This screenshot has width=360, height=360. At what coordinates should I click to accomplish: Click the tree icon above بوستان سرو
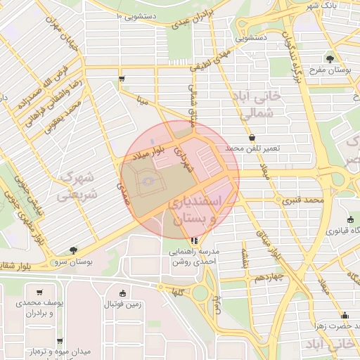pos(74,249)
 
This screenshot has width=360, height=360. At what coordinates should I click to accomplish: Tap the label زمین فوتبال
pos(123,304)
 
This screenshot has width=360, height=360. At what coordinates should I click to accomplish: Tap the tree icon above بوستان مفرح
pos(330,58)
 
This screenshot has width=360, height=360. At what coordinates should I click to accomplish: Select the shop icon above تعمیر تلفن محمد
pos(252,137)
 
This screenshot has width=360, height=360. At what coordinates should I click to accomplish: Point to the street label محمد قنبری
pos(304,200)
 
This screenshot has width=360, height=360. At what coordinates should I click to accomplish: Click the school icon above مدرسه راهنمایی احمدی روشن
pos(194,240)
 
